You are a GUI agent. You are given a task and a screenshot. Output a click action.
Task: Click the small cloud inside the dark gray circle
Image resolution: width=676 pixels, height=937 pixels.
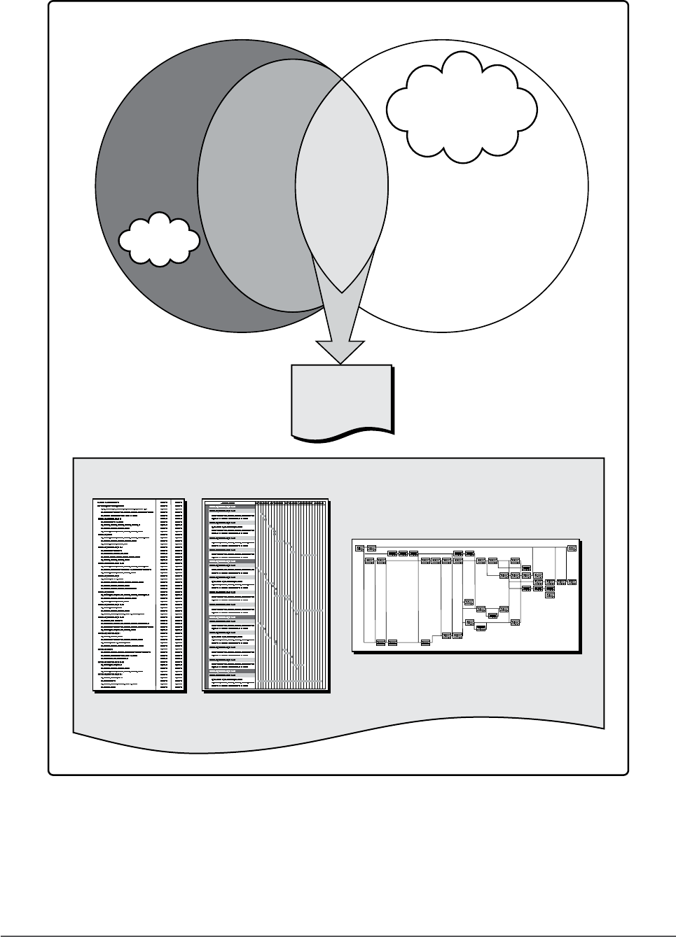click(158, 239)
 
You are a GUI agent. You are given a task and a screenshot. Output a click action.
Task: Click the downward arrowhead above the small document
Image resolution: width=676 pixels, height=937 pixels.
click(340, 350)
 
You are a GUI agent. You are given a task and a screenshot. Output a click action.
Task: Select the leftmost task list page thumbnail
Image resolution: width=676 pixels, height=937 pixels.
click(139, 596)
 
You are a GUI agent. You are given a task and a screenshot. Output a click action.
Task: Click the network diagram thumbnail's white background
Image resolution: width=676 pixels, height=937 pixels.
click(406, 616)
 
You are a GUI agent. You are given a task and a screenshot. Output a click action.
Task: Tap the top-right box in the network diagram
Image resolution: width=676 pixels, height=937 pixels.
click(572, 547)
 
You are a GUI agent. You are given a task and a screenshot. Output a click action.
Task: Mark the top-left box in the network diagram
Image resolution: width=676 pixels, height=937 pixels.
click(359, 547)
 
